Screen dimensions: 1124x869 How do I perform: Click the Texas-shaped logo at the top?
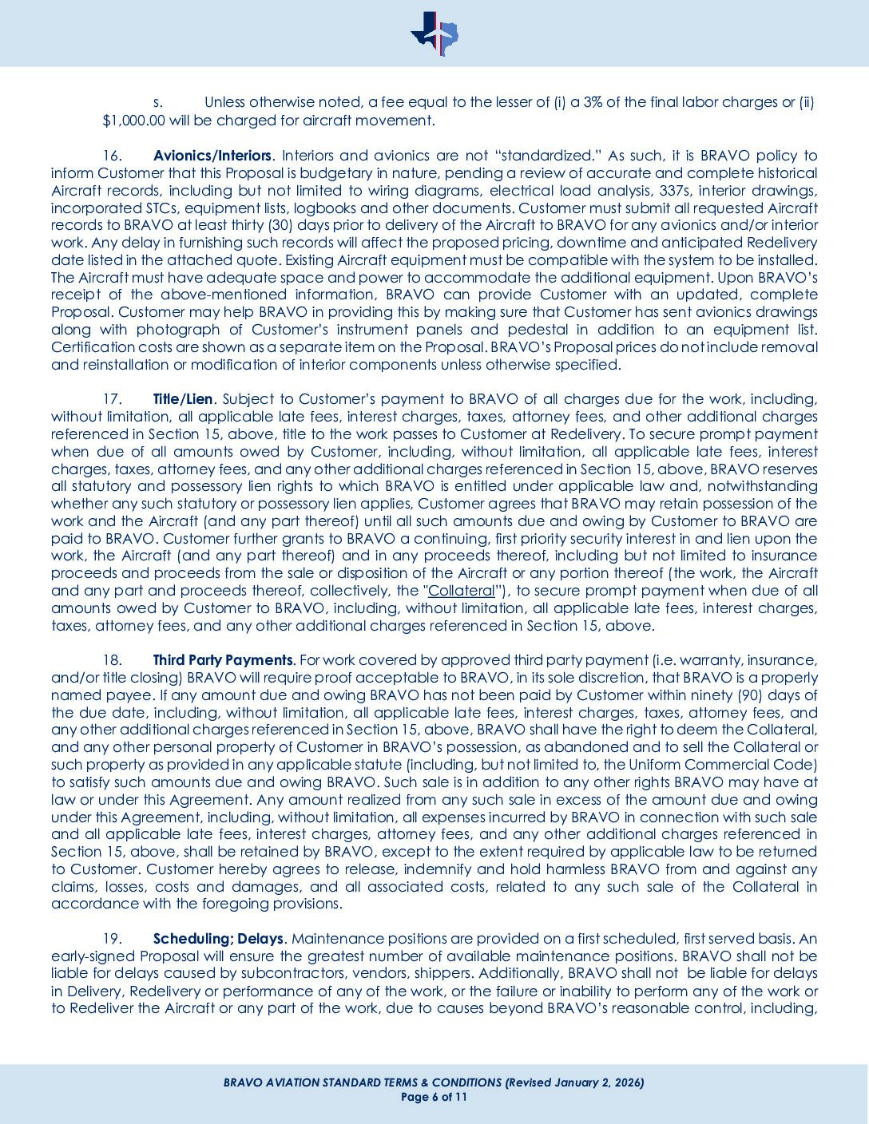coord(434,34)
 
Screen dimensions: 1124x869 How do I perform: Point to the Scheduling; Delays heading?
coord(218,939)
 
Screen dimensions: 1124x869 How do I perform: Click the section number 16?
coord(113,156)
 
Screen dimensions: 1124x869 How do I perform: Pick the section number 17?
coord(113,399)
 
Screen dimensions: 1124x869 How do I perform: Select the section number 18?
coord(113,660)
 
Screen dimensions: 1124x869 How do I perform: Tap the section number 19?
coord(113,939)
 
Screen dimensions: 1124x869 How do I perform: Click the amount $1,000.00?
coord(133,121)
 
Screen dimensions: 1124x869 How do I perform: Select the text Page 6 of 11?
coord(434,1097)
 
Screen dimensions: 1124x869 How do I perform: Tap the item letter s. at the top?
coord(158,103)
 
